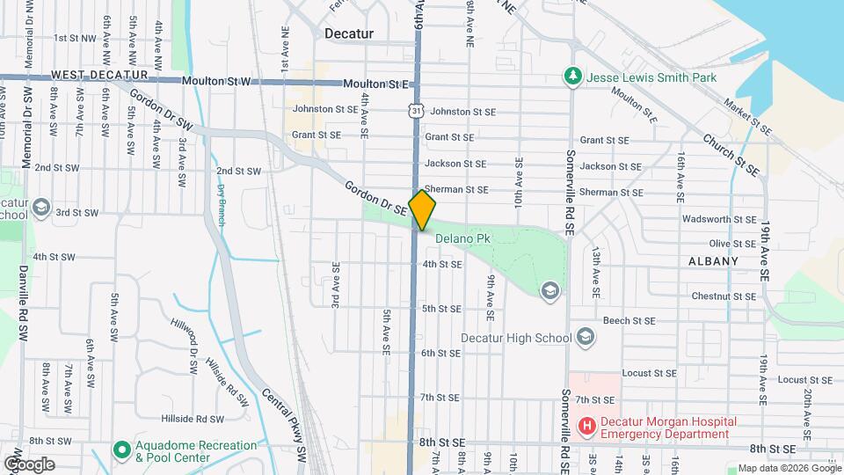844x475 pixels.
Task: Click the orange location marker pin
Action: pyautogui.click(x=423, y=210)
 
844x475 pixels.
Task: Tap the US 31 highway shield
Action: pyautogui.click(x=415, y=108)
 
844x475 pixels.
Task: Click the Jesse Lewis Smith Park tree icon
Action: pyautogui.click(x=572, y=77)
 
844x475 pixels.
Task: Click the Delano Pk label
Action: pyautogui.click(x=462, y=238)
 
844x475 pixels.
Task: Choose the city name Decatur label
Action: pyautogui.click(x=349, y=33)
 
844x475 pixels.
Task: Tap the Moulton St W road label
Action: pyautogui.click(x=216, y=81)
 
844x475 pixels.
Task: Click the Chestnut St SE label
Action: pyautogui.click(x=724, y=296)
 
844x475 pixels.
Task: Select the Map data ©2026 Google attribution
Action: pyautogui.click(x=789, y=468)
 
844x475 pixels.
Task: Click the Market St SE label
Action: pyautogui.click(x=747, y=117)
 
